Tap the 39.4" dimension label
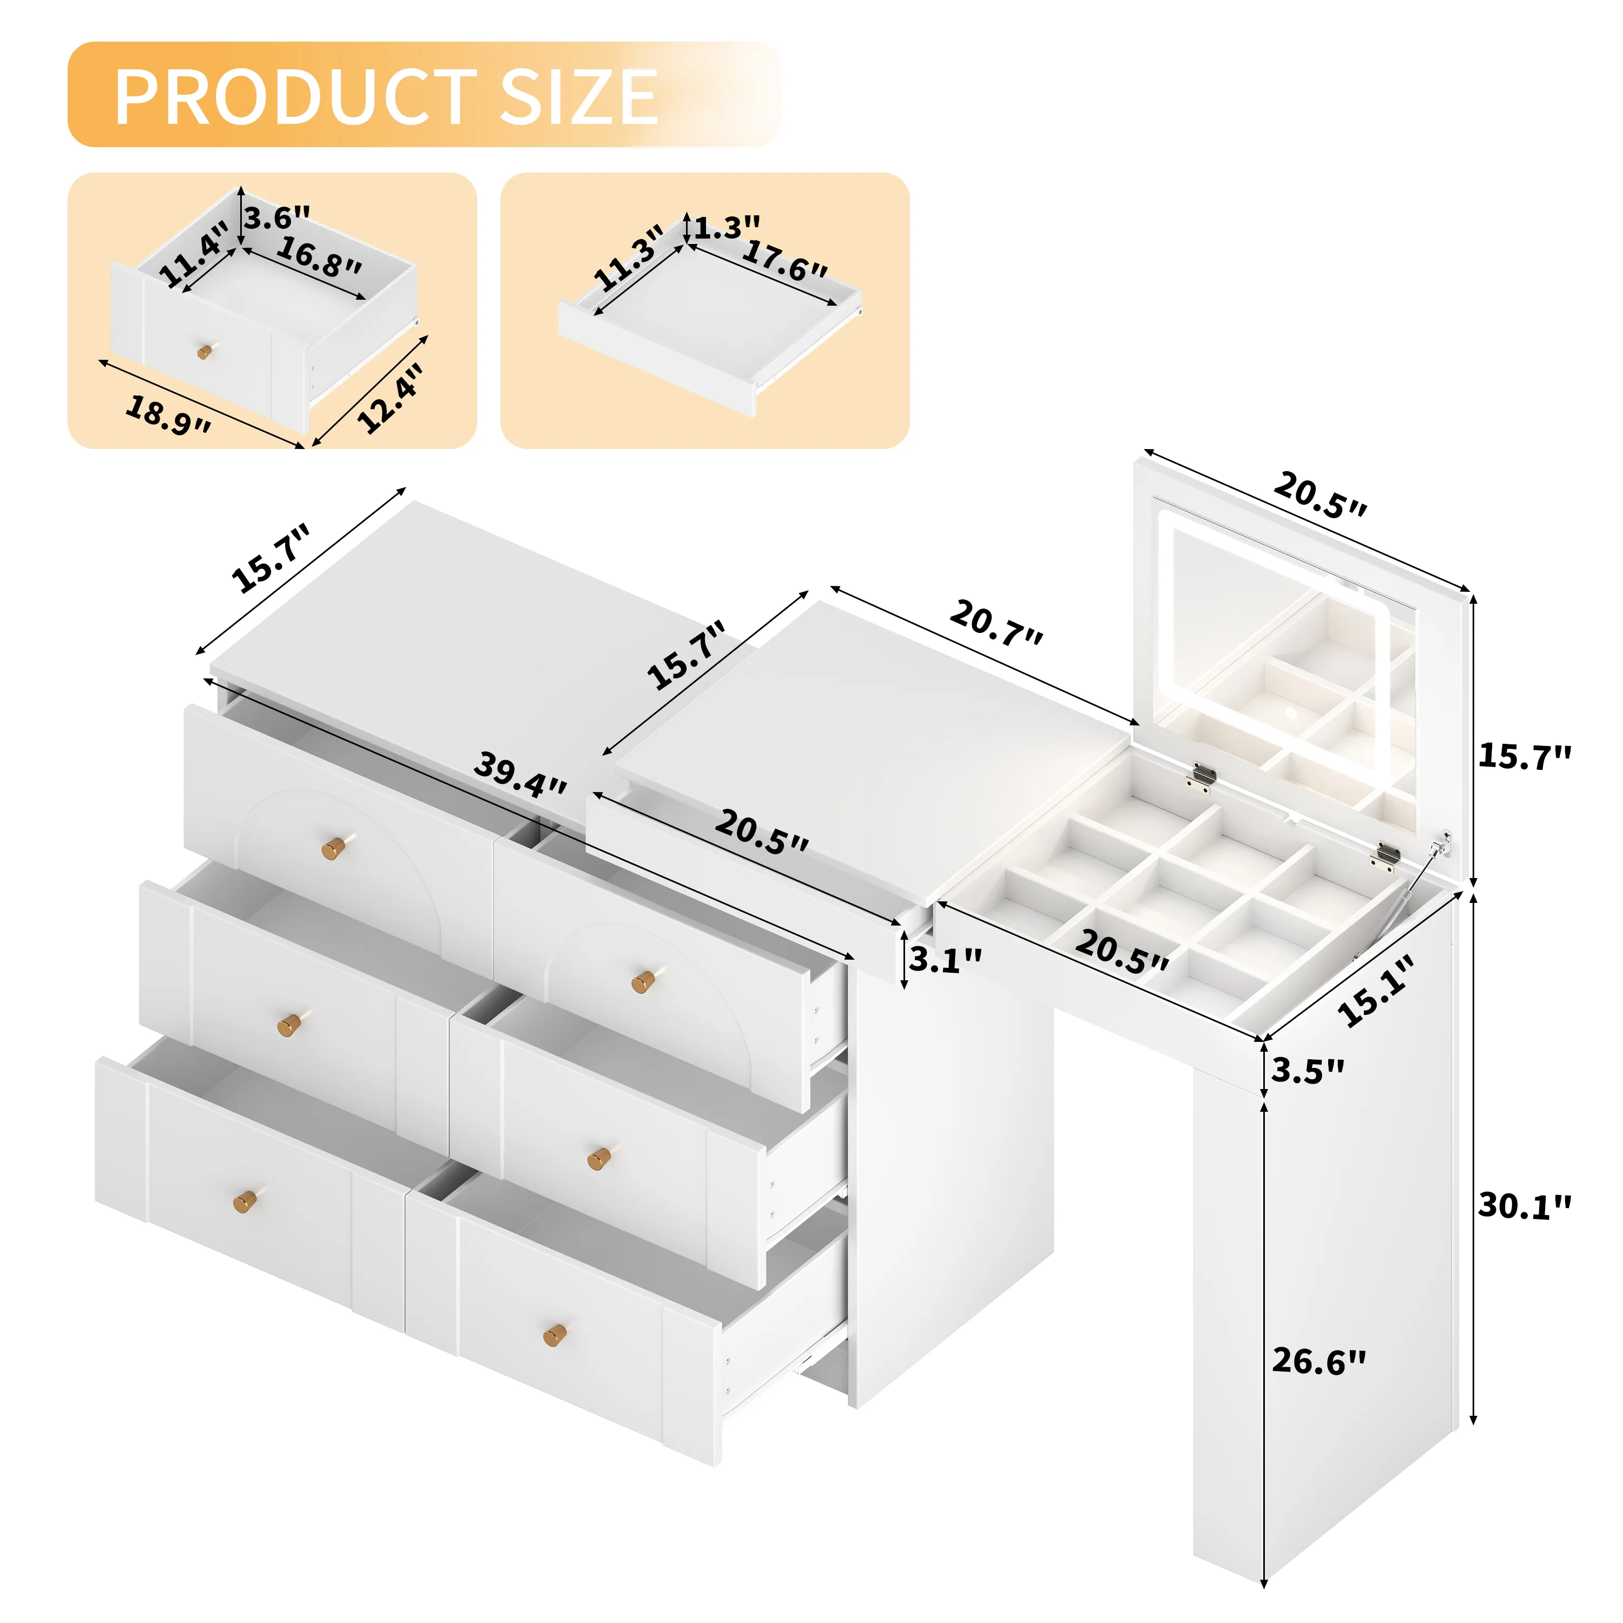coord(520,775)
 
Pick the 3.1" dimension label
coord(945,959)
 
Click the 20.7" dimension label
coord(997,623)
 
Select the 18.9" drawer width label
coord(168,415)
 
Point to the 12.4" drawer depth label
coord(391,398)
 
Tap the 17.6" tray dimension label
coord(784,260)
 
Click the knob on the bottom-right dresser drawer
coord(555,1335)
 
